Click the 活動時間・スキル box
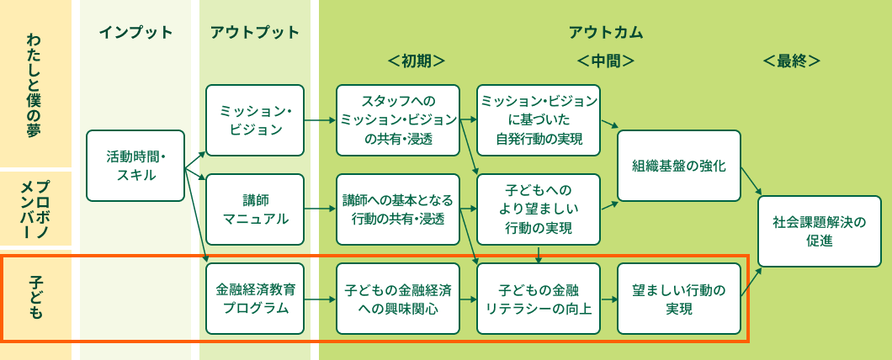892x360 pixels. point(135,166)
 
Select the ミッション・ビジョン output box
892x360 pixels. point(255,120)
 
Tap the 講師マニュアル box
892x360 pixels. point(255,209)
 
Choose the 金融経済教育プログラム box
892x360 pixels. point(255,299)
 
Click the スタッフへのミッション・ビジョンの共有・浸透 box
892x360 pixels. point(398,120)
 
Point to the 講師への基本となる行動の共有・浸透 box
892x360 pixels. point(398,209)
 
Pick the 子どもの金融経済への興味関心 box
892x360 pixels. point(398,299)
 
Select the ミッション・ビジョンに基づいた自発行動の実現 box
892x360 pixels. point(539,120)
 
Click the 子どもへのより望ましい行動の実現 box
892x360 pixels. point(539,209)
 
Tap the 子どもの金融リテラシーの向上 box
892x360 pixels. point(539,299)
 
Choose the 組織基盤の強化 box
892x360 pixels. point(678,166)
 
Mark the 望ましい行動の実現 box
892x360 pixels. point(678,299)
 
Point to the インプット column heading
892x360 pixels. point(135,33)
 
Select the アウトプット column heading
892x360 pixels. point(255,33)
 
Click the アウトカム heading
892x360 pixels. point(606,33)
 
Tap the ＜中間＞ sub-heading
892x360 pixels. point(606,61)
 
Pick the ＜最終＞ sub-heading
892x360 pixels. point(791,61)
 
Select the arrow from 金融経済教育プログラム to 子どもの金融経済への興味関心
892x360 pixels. point(321,299)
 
